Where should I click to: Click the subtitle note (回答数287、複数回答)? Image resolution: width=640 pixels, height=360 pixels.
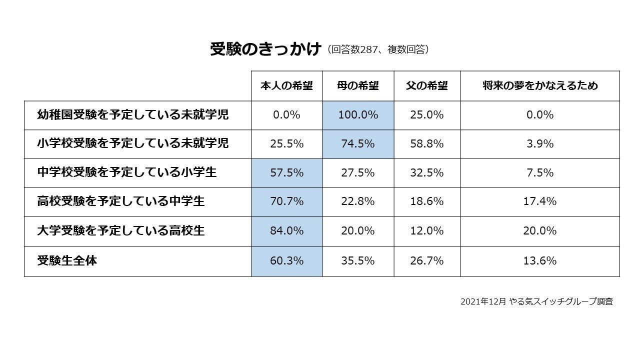tap(378, 50)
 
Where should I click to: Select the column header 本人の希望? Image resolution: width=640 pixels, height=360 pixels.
tap(286, 86)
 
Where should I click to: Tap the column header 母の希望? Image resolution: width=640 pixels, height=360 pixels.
tap(358, 86)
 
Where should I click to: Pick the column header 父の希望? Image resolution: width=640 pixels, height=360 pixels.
tap(427, 86)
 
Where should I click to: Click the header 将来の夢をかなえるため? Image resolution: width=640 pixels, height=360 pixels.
tap(540, 86)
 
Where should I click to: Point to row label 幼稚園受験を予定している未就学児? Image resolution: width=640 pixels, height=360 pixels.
tap(133, 115)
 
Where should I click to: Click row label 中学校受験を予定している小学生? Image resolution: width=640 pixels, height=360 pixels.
tap(127, 173)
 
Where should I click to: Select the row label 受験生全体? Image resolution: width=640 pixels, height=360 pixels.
tap(67, 261)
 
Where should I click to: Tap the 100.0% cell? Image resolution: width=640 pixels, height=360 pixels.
tap(358, 115)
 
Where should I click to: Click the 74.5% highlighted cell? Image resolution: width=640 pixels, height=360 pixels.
tap(358, 144)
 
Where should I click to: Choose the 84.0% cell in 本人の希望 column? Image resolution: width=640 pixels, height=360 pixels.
tap(286, 231)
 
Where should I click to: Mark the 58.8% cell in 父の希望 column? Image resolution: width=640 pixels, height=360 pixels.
tap(427, 144)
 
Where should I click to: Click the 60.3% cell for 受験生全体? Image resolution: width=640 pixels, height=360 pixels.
tap(286, 261)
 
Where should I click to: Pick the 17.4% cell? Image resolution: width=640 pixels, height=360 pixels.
tap(540, 202)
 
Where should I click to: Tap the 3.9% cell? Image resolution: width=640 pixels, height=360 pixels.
tap(540, 144)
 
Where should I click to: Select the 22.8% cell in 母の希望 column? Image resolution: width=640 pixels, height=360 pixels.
tap(358, 202)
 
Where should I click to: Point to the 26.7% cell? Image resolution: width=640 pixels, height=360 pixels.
tap(427, 261)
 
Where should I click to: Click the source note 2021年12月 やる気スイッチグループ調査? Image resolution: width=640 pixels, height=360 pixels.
tap(536, 301)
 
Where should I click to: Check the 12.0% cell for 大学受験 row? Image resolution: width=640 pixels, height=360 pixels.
tap(427, 231)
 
